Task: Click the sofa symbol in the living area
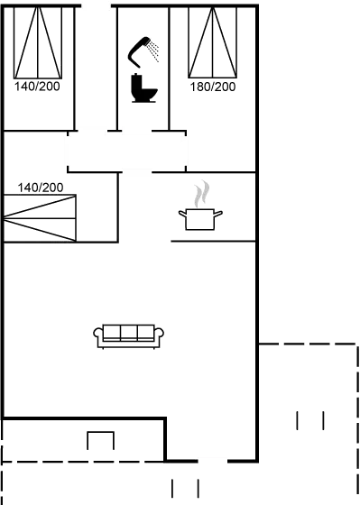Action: [130, 335]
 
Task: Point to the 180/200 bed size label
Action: [213, 87]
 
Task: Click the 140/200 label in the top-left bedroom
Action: [35, 87]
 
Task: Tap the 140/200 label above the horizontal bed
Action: [42, 188]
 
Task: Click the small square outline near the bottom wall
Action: [100, 441]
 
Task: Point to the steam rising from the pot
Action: [203, 193]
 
